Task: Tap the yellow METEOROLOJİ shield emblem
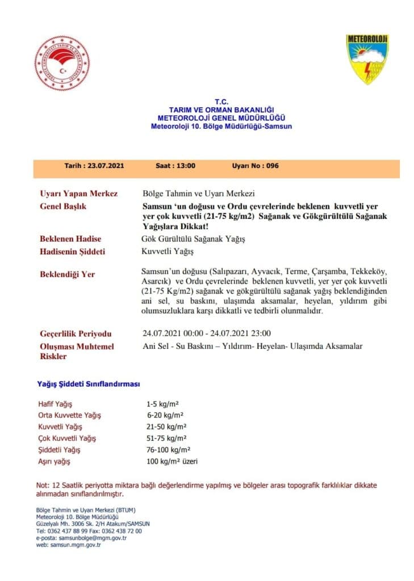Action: [367, 59]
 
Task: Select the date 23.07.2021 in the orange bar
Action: [106, 166]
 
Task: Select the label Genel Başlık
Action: [64, 207]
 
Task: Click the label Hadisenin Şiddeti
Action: [73, 251]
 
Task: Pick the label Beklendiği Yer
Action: [68, 274]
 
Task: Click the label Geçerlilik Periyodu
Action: [76, 333]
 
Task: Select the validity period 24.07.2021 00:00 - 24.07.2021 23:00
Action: [206, 333]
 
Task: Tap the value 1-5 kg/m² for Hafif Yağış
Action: [162, 405]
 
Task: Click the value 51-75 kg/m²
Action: [166, 439]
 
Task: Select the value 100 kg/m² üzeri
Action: [172, 462]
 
